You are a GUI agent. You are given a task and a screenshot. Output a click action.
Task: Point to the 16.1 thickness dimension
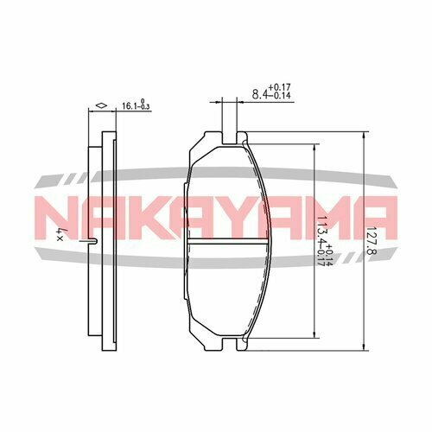pyautogui.click(x=128, y=107)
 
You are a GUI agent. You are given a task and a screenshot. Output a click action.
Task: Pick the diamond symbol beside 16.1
pyautogui.click(x=101, y=106)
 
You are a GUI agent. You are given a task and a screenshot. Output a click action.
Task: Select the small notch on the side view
pyautogui.click(x=91, y=240)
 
